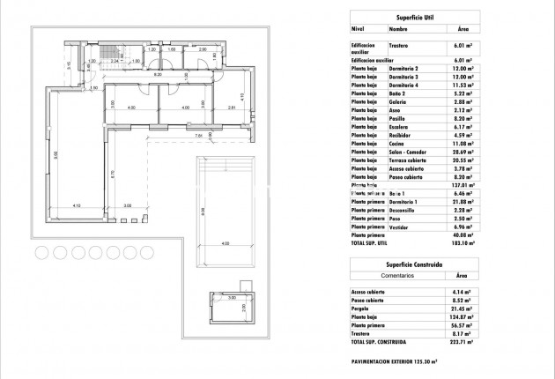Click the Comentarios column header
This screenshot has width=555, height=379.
tap(382, 275)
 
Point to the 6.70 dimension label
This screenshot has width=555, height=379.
tap(111, 174)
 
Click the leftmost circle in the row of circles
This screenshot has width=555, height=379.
tap(42, 252)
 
